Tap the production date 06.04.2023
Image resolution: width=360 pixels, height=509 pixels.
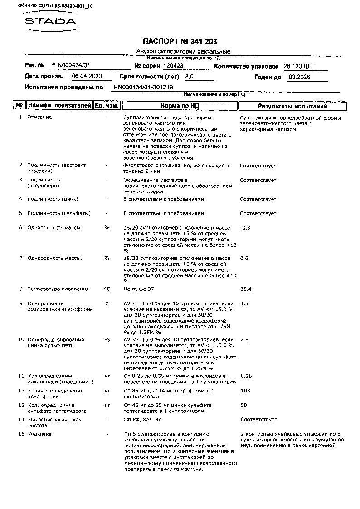point(87,77)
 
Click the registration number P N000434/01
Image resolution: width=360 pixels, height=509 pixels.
point(71,66)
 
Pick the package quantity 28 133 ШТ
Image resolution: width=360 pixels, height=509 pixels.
point(298,66)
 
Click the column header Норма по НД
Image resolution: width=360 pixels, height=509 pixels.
point(180,106)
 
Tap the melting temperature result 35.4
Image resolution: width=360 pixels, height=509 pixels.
point(246,289)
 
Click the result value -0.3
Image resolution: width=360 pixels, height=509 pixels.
point(245,228)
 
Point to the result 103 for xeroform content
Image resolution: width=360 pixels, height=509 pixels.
point(245,391)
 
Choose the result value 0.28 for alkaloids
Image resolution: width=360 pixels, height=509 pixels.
point(246,376)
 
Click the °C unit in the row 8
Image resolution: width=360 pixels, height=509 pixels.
point(107,289)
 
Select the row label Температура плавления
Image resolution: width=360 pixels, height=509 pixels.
point(58,289)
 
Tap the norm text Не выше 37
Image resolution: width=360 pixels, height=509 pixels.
point(139,289)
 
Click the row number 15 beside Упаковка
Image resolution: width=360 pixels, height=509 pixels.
point(21,434)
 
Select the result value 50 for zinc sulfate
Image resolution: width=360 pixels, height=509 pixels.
point(244,405)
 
